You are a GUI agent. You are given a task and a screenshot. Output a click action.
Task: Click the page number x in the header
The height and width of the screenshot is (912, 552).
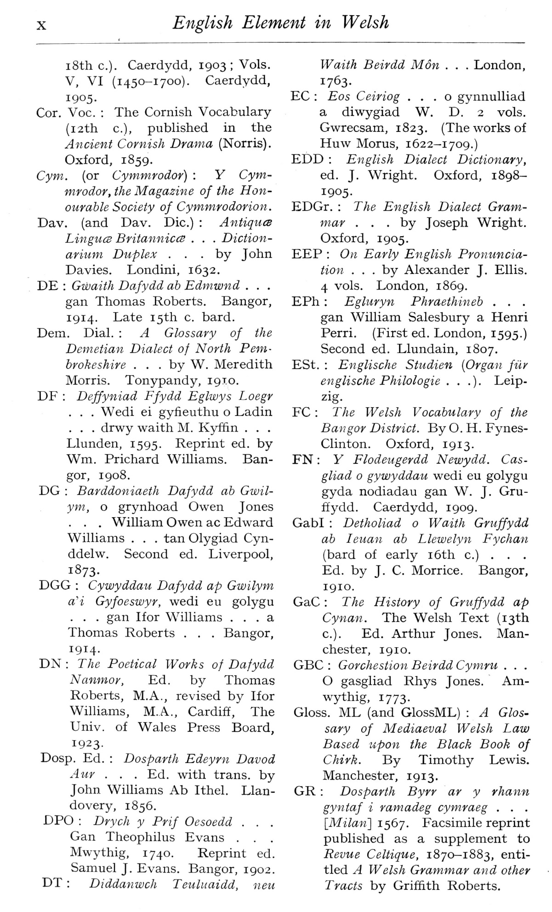[x=41, y=25]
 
